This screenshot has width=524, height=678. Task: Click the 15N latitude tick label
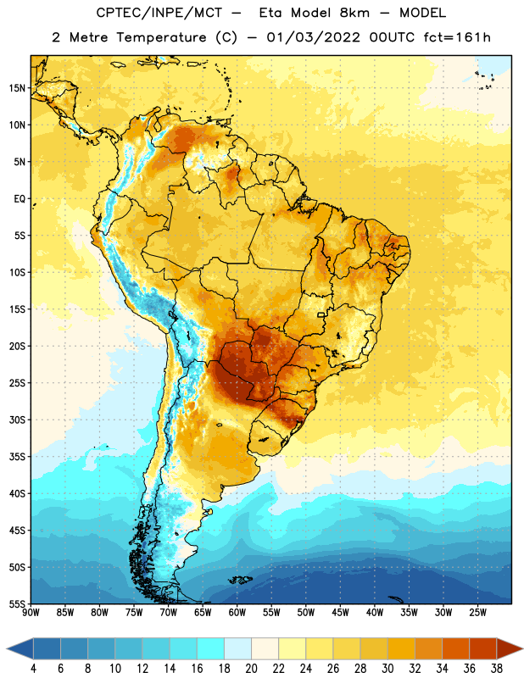click(x=17, y=88)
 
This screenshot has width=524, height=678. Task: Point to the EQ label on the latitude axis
click(x=20, y=199)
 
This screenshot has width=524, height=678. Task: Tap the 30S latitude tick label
click(x=17, y=420)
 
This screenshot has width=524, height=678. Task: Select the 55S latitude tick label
click(x=17, y=604)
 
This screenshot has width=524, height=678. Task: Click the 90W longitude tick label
click(x=31, y=613)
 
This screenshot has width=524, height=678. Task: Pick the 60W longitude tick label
click(x=237, y=613)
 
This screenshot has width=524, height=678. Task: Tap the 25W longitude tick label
click(x=477, y=613)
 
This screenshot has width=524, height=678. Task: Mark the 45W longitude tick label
click(x=340, y=613)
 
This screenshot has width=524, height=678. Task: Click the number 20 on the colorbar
click(x=251, y=669)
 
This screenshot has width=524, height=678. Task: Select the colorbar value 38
click(x=497, y=669)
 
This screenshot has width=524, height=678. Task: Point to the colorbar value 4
click(x=33, y=669)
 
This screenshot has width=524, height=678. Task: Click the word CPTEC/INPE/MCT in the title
click(x=159, y=13)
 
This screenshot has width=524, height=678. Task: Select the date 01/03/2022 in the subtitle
click(x=313, y=37)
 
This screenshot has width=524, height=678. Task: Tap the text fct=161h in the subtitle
click(x=457, y=37)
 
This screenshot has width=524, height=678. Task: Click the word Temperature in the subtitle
click(x=161, y=38)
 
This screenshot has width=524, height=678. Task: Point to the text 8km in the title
click(x=354, y=13)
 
